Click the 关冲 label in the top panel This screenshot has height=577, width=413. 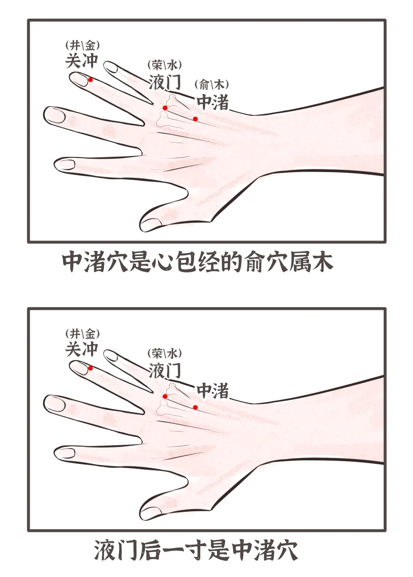tap(82, 61)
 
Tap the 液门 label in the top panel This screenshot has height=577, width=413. tap(165, 82)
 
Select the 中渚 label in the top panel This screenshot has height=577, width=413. tap(213, 102)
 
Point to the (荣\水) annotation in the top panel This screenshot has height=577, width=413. tap(165, 66)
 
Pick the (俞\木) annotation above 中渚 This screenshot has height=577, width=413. tap(211, 85)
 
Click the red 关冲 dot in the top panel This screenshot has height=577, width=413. tap(90, 80)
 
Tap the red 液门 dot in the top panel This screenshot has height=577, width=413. tap(165, 108)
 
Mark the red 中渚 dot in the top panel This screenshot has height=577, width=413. tap(195, 119)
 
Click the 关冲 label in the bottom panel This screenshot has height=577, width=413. tap(82, 349)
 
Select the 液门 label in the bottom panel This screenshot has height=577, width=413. tap(165, 370)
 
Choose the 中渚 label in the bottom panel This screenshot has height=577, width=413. tap(213, 391)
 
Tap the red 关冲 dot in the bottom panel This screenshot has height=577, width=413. tap(90, 368)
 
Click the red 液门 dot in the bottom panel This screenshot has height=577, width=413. tap(165, 397)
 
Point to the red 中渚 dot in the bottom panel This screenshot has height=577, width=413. tap(195, 407)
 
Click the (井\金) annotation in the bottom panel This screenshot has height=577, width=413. tap(82, 335)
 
